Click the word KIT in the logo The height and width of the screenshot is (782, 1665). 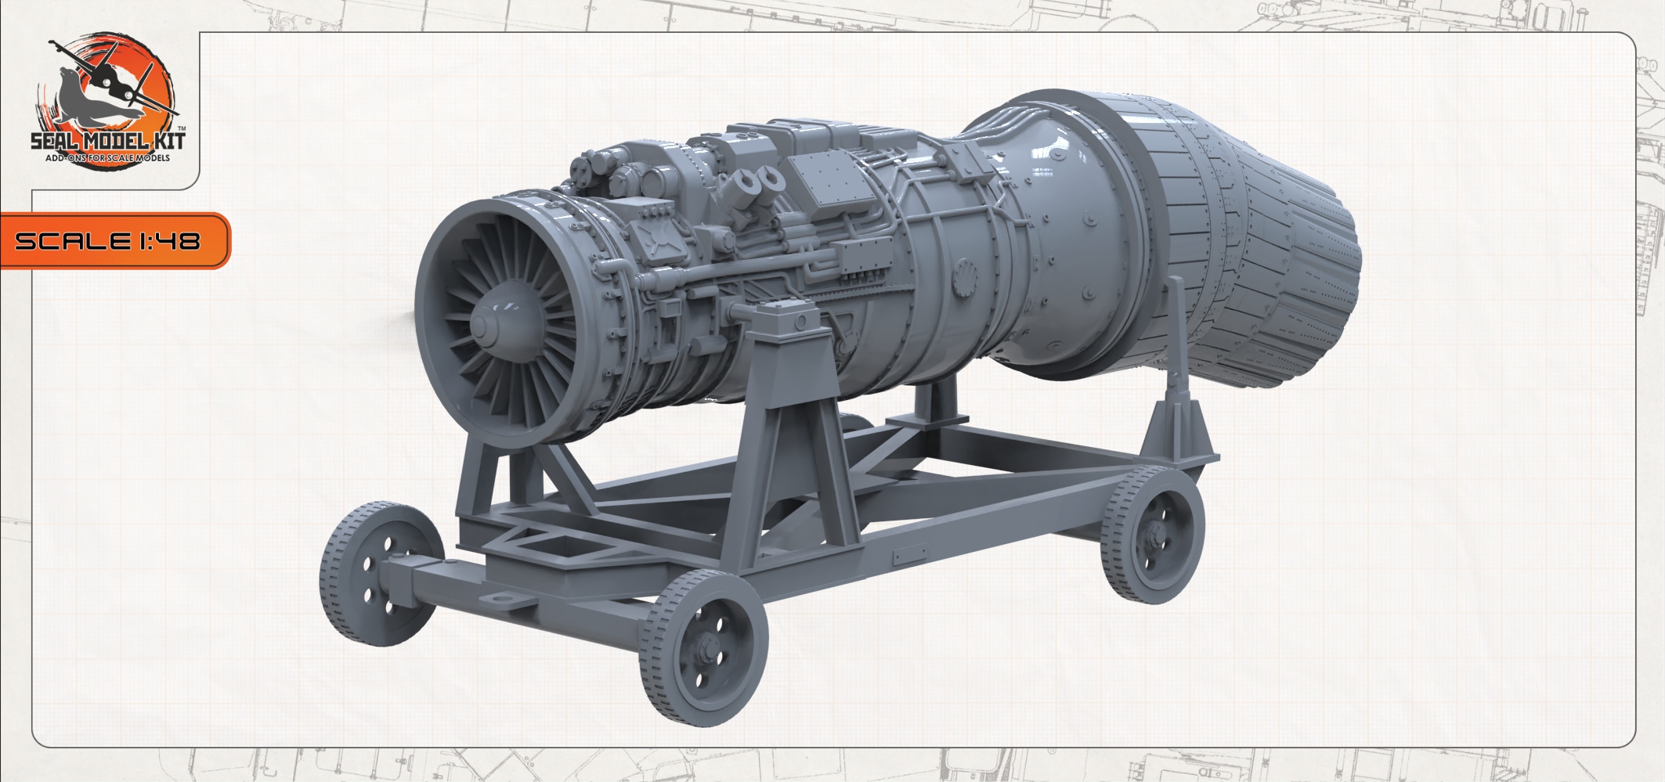(163, 143)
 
